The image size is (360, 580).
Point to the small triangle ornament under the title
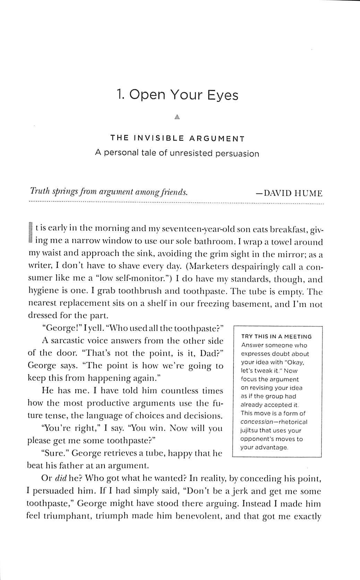click(177, 117)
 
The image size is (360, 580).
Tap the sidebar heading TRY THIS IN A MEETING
click(276, 336)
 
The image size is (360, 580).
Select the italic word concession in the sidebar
click(257, 422)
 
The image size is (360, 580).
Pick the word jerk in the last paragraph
click(238, 491)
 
